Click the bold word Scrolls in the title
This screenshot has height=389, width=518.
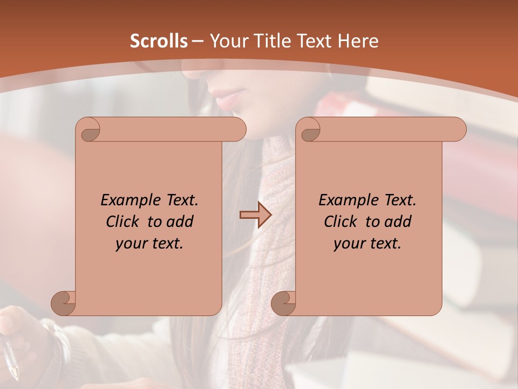click(x=159, y=41)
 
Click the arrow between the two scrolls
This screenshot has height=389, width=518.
click(x=255, y=215)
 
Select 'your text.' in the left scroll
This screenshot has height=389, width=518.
click(x=149, y=244)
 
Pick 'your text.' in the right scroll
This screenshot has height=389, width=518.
click(x=367, y=244)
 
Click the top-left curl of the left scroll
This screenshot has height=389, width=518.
click(x=88, y=130)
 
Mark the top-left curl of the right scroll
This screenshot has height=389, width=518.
click(x=309, y=130)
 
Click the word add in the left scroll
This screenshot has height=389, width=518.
click(x=181, y=222)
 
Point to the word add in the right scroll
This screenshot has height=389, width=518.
click(x=399, y=222)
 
